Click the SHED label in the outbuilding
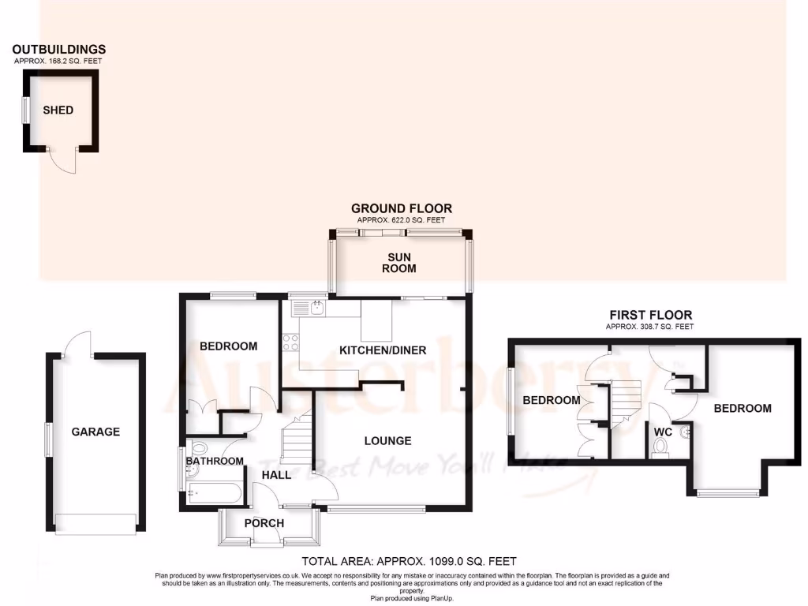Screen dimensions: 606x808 point(58,110)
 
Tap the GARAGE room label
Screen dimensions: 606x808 point(95,432)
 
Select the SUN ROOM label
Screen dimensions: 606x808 point(401,263)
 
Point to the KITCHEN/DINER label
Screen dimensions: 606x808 point(383,350)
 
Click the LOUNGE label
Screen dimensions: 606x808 point(387,440)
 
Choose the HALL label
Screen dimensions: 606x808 point(277,475)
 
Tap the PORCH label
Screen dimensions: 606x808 point(264,523)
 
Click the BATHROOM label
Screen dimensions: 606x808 point(215,461)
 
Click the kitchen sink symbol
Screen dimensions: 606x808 point(317,307)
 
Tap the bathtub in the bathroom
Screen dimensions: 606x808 point(215,494)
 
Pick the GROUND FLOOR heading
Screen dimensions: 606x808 point(402,208)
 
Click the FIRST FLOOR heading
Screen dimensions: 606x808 point(649,316)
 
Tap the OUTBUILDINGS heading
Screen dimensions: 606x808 point(59,50)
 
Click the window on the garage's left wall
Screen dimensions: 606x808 point(48,439)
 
